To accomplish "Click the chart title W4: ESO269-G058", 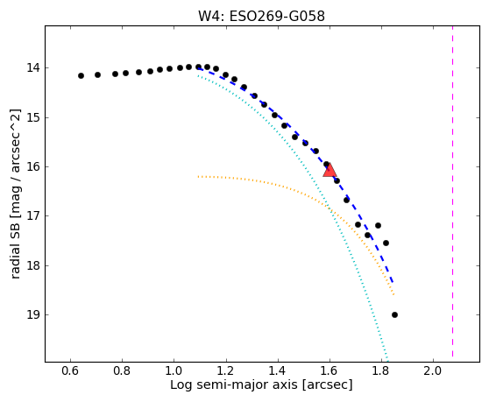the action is click(x=261, y=17).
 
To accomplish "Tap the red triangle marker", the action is click(x=330, y=170).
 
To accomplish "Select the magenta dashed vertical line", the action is click(x=452, y=191).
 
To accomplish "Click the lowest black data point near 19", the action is click(x=394, y=314).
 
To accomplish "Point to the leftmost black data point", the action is click(x=81, y=75).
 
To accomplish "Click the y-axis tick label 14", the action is click(x=33, y=67).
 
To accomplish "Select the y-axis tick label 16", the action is click(x=33, y=166).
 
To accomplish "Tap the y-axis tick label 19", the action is click(x=33, y=314).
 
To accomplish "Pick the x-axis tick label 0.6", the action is click(x=70, y=370).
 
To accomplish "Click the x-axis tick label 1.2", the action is click(x=226, y=370).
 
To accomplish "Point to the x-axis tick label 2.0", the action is click(x=433, y=370).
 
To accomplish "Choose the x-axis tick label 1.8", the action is click(x=381, y=370).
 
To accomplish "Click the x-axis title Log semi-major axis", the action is click(x=234, y=384).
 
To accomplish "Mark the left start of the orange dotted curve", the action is click(x=198, y=177).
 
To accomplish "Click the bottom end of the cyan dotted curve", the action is click(x=387, y=360).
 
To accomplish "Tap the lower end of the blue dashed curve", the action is click(x=393, y=282).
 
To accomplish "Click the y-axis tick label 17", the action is click(x=33, y=215).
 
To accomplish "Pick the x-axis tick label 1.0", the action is click(x=174, y=370).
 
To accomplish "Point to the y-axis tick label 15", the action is click(x=33, y=117).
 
